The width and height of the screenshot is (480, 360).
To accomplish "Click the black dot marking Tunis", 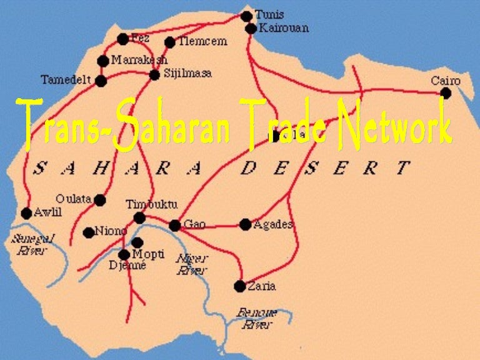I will click(x=246, y=16).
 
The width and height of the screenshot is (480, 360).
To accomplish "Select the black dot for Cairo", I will click(x=446, y=93).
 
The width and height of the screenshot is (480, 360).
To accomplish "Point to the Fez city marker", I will click(x=122, y=39).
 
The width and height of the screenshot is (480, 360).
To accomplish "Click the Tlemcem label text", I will click(x=202, y=42).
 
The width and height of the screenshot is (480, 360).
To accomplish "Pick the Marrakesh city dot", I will click(x=103, y=61).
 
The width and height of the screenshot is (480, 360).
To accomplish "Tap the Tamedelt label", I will click(x=66, y=80).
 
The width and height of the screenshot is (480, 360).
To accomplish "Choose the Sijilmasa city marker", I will click(x=154, y=75).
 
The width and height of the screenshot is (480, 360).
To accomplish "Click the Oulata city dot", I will click(x=100, y=200).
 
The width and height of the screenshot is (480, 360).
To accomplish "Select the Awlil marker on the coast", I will click(x=26, y=213).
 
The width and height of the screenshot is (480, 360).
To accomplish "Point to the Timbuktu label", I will click(x=152, y=204).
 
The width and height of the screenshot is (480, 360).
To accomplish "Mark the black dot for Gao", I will click(x=175, y=225).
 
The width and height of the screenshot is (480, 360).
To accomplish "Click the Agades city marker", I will click(x=245, y=224).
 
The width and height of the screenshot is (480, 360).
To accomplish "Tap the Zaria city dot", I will click(x=240, y=286).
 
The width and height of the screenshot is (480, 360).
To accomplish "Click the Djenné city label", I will click(x=127, y=266).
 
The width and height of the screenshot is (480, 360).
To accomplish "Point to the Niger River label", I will click(x=192, y=264).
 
